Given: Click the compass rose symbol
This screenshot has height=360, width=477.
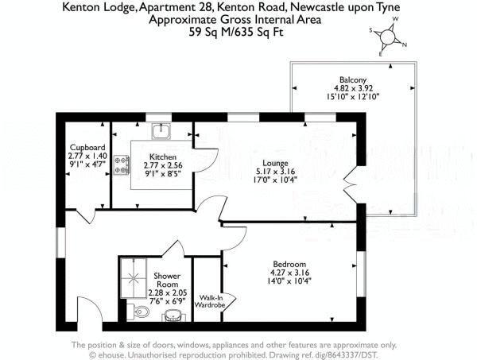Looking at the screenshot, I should click(389, 36).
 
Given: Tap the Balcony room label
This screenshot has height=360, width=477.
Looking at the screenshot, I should click(352, 79).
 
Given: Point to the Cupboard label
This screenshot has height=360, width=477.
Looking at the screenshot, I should click(87, 148).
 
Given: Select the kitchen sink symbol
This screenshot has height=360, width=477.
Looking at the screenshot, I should click(157, 129).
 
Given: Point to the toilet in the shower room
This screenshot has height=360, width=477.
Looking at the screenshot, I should click(140, 312).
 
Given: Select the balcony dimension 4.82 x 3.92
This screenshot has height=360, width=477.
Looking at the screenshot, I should click(352, 89).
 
